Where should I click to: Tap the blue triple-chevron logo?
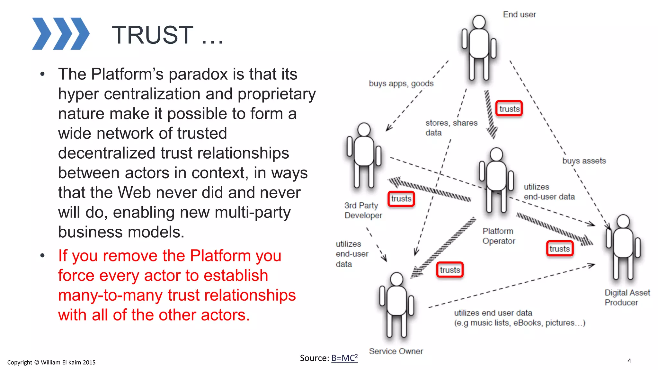point(61,34)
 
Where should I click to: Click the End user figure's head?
point(479,22)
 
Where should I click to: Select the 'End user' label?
point(519,14)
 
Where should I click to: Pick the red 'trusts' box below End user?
point(509,109)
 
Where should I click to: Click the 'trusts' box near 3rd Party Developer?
point(401,199)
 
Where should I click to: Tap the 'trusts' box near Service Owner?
point(450,270)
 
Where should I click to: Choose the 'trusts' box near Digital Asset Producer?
point(560,249)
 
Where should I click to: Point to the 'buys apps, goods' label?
point(401,84)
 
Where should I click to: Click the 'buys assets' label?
point(584,161)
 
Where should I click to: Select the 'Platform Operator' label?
point(499,236)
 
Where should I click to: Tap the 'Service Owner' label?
point(396,351)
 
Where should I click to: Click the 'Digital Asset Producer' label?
point(627,297)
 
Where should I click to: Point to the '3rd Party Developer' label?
point(363,210)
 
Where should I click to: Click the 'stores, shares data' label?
point(451,128)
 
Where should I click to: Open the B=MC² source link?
point(344,358)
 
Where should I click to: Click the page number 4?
point(629,361)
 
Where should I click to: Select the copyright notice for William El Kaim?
point(51,362)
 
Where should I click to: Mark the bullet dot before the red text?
point(42,256)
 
